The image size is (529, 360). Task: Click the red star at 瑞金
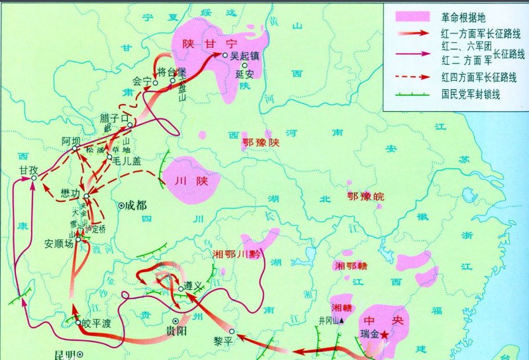pyautogui.click(x=385, y=334)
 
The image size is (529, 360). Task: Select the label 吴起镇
pyautogui.click(x=244, y=57)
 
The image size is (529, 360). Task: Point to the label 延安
pyautogui.click(x=245, y=75)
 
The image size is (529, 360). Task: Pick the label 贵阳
pyautogui.click(x=176, y=330)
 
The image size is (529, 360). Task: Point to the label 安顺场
pyautogui.click(x=58, y=243)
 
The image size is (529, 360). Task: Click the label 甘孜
pyautogui.click(x=28, y=171)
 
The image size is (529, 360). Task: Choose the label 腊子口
pyautogui.click(x=113, y=116)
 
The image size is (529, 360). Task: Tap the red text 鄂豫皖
pyautogui.click(x=364, y=196)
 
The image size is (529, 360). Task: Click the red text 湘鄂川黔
pyautogui.click(x=237, y=253)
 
